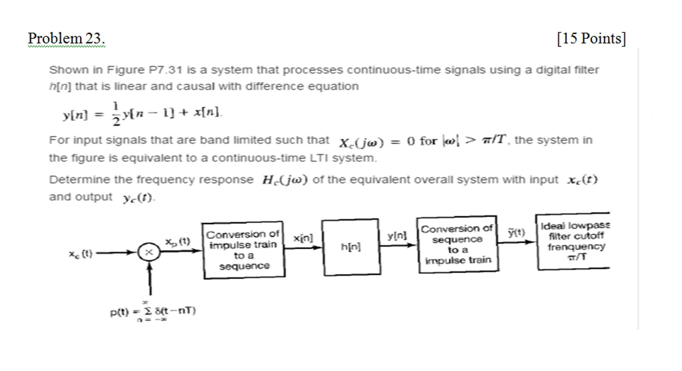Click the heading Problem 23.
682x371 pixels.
click(x=66, y=39)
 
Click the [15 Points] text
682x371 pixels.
click(x=591, y=39)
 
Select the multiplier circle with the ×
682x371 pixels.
click(x=149, y=252)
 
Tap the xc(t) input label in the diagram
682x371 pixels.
click(x=80, y=254)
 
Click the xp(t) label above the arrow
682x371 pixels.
click(x=178, y=242)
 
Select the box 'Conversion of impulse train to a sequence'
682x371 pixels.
click(x=244, y=250)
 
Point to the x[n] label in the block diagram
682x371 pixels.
click(x=303, y=238)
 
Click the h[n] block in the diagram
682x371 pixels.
click(x=351, y=247)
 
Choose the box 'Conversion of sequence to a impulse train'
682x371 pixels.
click(x=457, y=244)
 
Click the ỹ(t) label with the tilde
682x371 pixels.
click(x=516, y=232)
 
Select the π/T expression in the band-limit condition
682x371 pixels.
click(x=494, y=140)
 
